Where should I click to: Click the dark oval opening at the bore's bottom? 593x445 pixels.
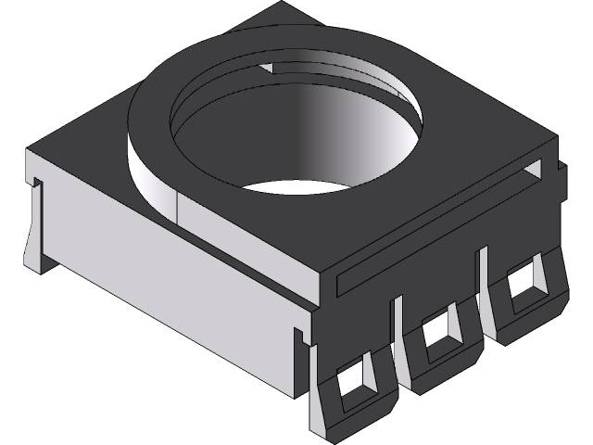coord(301,187)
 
